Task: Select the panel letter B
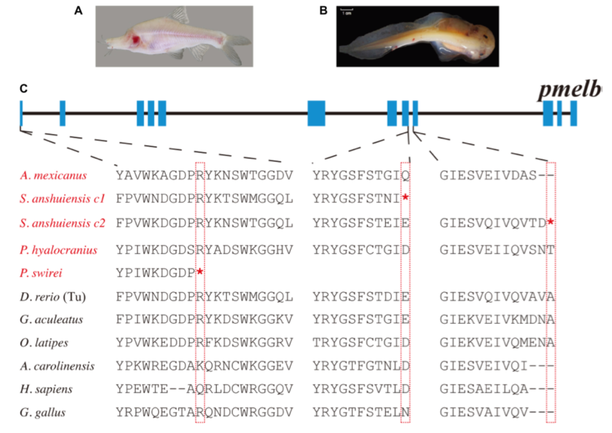(x=324, y=11)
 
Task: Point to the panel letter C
(x=23, y=89)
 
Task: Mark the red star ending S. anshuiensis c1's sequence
(x=405, y=197)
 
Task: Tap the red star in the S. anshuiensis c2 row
(x=551, y=222)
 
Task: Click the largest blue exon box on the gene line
(x=316, y=113)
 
